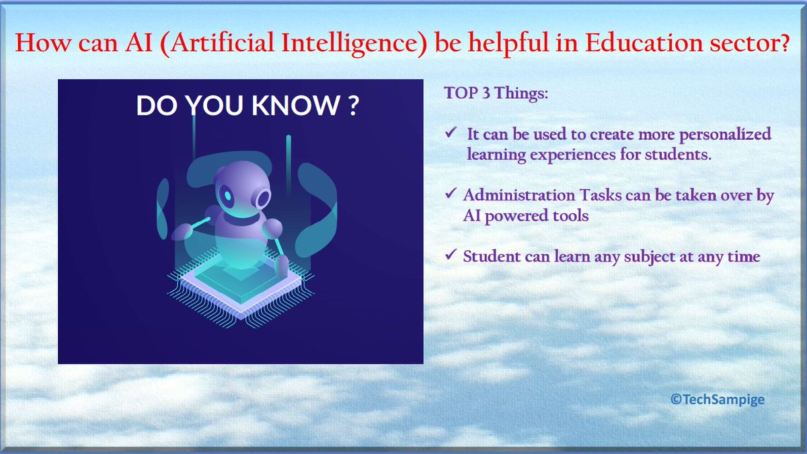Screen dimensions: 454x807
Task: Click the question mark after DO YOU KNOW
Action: [353, 106]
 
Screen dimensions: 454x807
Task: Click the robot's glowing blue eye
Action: [229, 196]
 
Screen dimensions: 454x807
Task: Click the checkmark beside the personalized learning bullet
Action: [452, 133]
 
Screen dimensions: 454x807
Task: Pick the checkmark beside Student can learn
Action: [452, 256]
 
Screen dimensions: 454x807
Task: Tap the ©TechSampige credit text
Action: [718, 400]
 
